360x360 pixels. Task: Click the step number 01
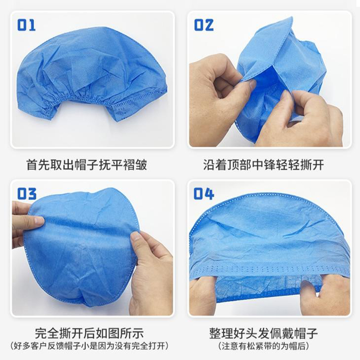point(27,25)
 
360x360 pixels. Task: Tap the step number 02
point(204,25)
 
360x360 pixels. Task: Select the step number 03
point(27,193)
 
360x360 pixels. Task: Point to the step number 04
point(204,193)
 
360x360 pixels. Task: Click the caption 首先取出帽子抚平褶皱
point(87,165)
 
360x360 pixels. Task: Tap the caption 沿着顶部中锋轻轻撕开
point(264,165)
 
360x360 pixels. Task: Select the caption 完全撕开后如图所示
point(90,333)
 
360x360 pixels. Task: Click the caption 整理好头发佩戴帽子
point(264,333)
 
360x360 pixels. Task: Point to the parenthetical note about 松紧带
point(264,346)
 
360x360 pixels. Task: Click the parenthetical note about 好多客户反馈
point(90,346)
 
